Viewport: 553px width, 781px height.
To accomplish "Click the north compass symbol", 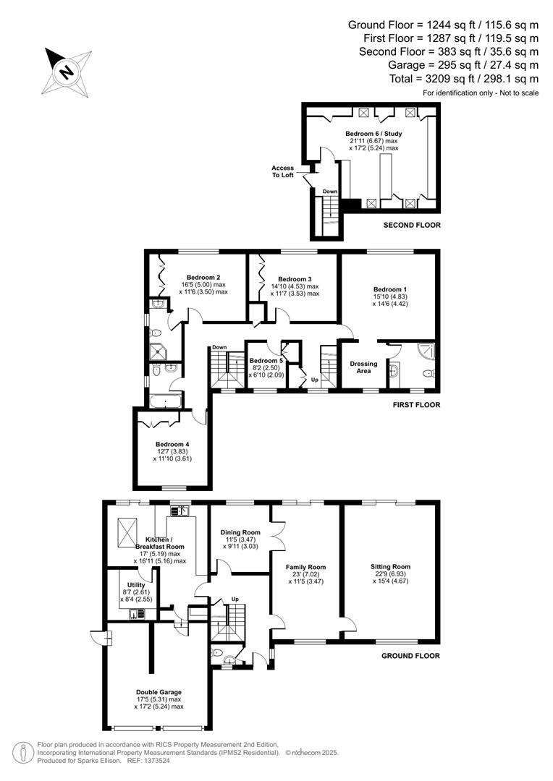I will (68, 69).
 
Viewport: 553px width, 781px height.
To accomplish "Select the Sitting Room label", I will (390, 567).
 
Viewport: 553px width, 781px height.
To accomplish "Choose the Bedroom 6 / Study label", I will (373, 134).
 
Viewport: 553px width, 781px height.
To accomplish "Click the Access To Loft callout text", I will (282, 171).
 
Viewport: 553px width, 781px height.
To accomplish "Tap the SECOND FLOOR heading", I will (412, 226).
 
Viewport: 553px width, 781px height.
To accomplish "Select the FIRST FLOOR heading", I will (416, 405).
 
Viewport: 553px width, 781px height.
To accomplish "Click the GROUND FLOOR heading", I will (410, 656).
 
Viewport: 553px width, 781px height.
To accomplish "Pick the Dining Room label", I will (240, 532).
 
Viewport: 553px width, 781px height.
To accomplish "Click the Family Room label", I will (306, 567).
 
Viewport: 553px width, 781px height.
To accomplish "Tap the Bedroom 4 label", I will (172, 444).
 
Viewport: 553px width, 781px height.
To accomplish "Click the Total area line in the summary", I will (471, 78).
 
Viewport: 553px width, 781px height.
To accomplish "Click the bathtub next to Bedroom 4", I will (164, 400).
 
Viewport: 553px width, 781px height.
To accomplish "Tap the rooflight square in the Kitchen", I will (127, 532).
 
